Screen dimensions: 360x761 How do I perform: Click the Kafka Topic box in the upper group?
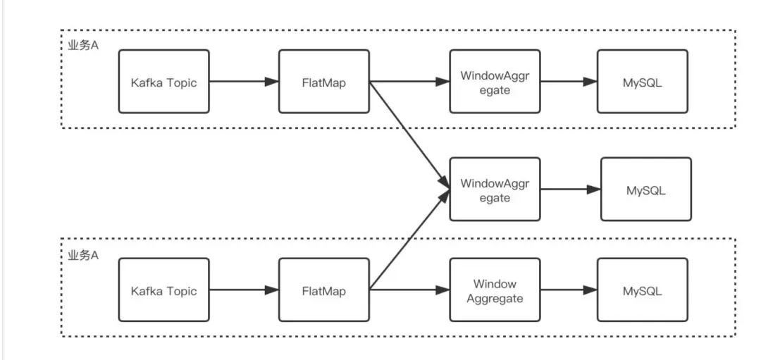tap(163, 82)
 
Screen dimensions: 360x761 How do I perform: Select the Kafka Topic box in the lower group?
tap(163, 290)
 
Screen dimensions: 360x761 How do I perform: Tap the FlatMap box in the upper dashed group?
tap(323, 82)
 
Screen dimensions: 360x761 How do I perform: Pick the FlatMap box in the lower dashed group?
tap(323, 290)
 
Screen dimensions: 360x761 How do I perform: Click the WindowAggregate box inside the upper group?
tap(495, 82)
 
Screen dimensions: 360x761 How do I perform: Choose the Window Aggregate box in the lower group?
tap(495, 290)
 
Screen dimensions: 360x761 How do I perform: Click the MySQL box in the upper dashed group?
tap(642, 82)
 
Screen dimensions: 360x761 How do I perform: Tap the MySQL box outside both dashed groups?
tap(645, 190)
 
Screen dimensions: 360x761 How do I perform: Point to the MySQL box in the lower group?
tap(642, 290)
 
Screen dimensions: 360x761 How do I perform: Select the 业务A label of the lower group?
tap(83, 255)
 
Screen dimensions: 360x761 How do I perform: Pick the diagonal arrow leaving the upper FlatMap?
tap(409, 134)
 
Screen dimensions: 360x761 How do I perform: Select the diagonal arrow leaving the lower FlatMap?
tap(409, 240)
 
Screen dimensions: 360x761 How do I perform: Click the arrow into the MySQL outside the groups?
tap(570, 190)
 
